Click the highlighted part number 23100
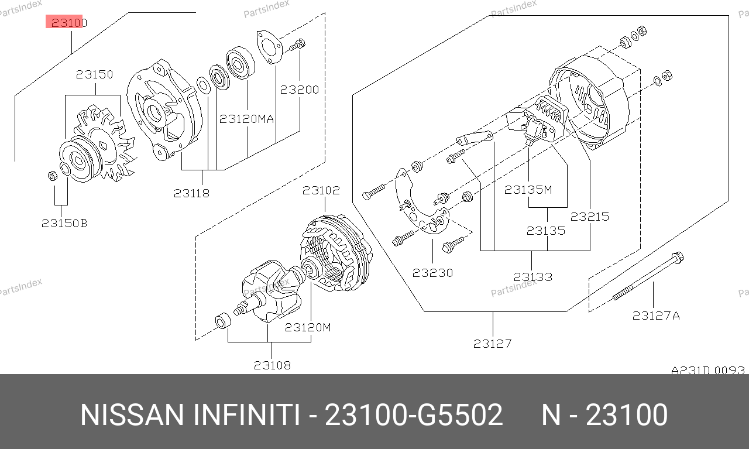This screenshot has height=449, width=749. coord(69,22)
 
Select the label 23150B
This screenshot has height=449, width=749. coord(64,223)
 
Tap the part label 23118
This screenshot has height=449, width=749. coord(191,193)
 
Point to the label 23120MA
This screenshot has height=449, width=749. coord(246,119)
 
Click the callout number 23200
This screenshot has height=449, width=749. coord(299,90)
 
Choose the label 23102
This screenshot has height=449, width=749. coord(321,190)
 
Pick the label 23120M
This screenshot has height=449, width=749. coord(308,327)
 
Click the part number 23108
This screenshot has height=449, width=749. coord(272,365)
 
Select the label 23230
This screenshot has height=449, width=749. coord(432,273)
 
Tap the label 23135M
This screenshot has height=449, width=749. coord(528,190)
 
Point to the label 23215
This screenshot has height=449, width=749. coord(589,217)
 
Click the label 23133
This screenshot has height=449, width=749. coord(533,277)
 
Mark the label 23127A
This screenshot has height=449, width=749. coord(656,316)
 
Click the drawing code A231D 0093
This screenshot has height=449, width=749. coord(708,370)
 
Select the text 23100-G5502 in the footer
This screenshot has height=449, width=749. coord(414,415)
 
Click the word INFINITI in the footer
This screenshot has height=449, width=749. coord(246,415)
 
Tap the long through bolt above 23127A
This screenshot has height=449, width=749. coord(648,276)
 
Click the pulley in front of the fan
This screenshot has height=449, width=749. coord(76,160)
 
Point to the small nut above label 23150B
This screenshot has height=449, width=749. coord(53,175)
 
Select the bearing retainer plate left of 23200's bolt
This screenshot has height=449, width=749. coord(269,47)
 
